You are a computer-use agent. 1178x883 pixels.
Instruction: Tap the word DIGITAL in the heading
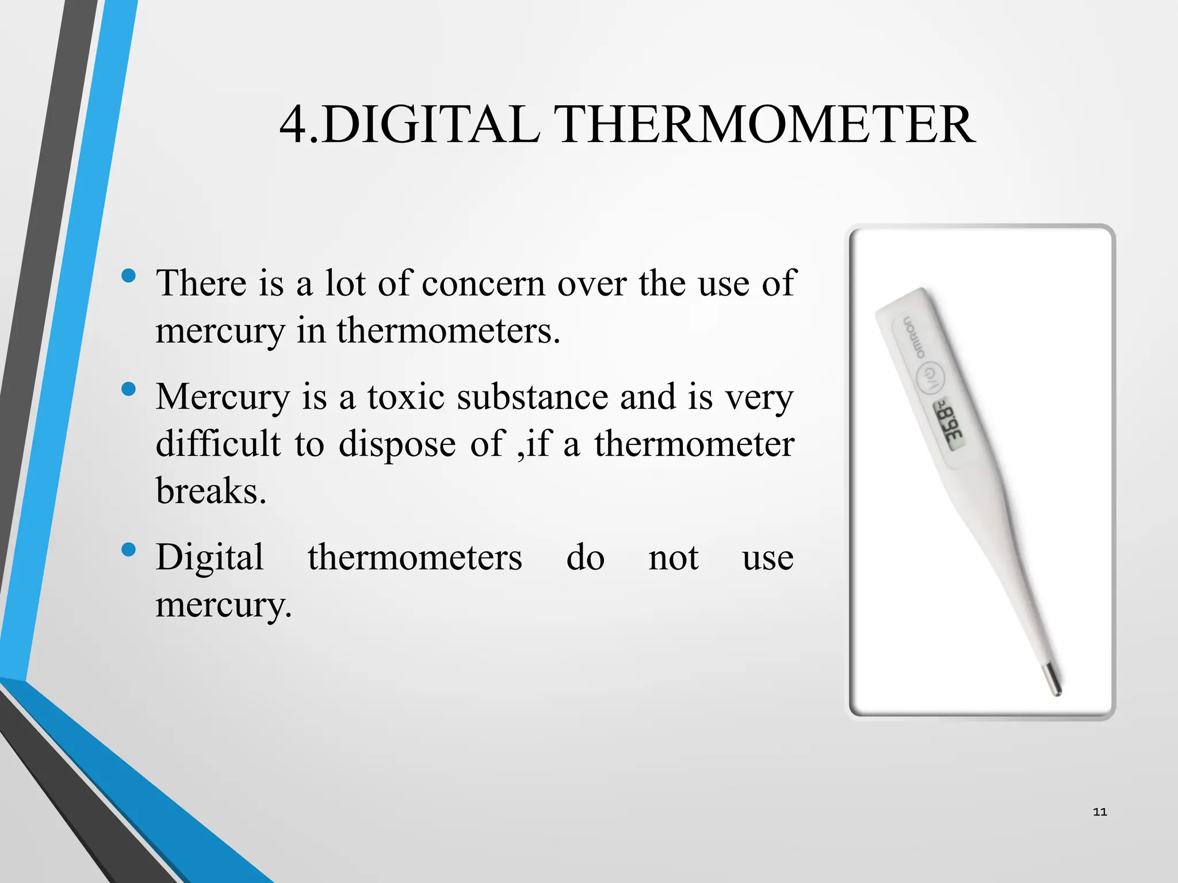tap(430, 125)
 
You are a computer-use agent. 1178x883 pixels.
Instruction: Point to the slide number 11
tap(1100, 812)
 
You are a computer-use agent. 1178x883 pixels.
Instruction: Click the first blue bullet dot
tap(129, 275)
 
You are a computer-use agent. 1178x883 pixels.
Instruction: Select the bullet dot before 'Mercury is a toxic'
tap(129, 389)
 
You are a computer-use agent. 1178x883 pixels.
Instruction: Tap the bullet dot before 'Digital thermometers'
tap(129, 550)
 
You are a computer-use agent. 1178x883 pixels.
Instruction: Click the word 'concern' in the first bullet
tap(483, 283)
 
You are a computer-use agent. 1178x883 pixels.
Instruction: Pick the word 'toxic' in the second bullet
tap(406, 397)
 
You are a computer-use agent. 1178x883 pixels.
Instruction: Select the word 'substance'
tap(533, 397)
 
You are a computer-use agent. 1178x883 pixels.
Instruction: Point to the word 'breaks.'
tap(211, 491)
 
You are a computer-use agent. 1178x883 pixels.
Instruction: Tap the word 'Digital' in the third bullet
tap(210, 558)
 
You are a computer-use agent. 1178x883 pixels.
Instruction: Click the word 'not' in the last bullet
tap(673, 558)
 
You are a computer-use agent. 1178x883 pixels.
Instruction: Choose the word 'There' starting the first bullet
tap(201, 283)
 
